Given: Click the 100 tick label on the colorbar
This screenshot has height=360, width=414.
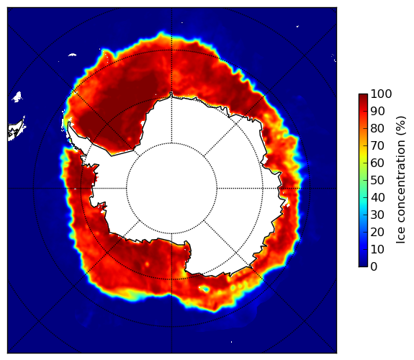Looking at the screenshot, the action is [381, 94].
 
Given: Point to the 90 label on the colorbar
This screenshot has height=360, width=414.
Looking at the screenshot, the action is [377, 111].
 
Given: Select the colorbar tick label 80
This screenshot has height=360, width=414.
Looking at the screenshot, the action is [377, 129].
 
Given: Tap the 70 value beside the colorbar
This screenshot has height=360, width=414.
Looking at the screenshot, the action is [377, 145].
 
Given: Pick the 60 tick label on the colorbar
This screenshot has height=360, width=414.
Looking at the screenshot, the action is [377, 163].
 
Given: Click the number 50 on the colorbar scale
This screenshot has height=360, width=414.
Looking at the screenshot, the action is [377, 181].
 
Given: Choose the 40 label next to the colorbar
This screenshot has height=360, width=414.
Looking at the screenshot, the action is [377, 197].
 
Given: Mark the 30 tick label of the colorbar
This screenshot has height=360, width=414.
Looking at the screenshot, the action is [377, 215].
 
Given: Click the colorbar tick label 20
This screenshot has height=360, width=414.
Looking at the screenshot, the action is [377, 232].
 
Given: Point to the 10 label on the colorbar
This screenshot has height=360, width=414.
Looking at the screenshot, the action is [377, 249].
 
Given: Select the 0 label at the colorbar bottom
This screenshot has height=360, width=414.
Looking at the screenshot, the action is [374, 267].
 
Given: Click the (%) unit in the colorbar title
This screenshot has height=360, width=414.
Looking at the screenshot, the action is [401, 126].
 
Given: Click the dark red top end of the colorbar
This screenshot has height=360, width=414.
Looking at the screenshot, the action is [363, 96].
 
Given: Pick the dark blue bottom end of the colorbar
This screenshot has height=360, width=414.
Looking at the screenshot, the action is [363, 265].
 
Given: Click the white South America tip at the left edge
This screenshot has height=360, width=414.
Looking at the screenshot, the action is [16, 130].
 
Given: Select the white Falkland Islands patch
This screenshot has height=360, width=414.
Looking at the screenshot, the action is [17, 97].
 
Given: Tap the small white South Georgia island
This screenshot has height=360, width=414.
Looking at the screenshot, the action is [72, 55].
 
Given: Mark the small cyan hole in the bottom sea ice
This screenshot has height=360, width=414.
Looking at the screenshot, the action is [204, 289].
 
